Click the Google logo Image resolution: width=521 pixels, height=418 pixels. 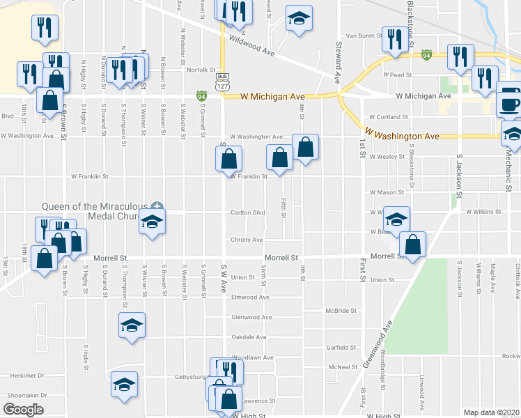tap(23, 410)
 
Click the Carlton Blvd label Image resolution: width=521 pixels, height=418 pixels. tap(249, 213)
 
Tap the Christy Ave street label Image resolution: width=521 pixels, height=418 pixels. tap(247, 240)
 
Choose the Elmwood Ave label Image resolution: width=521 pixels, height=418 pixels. tap(250, 297)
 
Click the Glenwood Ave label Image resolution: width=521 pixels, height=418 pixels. tap(251, 317)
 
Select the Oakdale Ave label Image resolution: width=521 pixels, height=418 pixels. tap(249, 337)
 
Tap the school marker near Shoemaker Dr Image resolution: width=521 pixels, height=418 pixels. tap(125, 385)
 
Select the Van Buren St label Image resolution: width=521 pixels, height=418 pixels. tap(361, 36)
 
